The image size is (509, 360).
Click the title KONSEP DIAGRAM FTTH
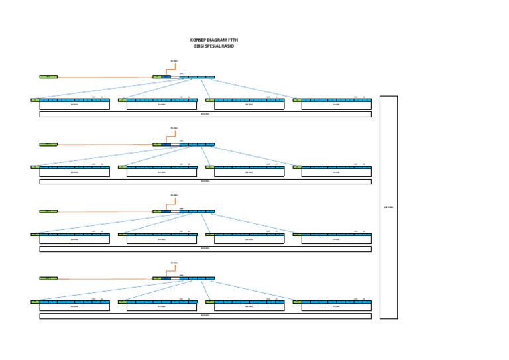point(209,40)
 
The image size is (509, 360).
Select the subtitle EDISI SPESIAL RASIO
point(209,46)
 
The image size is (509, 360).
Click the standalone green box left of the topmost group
point(48,77)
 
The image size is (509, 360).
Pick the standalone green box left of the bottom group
point(48,278)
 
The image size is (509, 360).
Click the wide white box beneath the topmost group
point(205,114)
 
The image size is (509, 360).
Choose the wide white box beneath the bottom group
point(205,316)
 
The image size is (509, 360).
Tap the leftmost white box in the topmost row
point(74,105)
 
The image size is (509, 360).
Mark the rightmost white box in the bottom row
point(336,307)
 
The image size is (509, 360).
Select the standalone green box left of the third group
point(48,211)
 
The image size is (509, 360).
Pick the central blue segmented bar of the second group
point(192,144)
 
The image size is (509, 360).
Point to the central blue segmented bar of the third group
point(192,211)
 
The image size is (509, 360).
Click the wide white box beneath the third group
point(205,249)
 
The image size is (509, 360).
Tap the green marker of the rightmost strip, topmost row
point(297,100)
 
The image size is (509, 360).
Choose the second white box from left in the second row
point(162,172)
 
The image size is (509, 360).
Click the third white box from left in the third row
point(249,240)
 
